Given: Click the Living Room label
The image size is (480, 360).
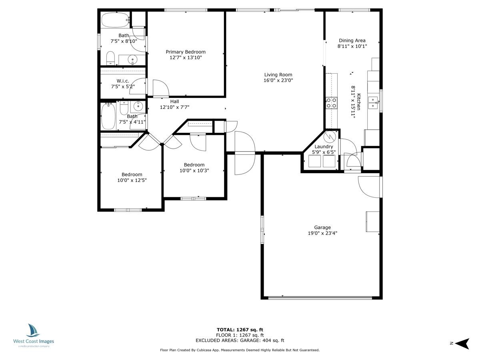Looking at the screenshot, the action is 278,75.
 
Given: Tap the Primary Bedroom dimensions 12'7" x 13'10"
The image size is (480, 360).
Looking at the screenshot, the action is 186,58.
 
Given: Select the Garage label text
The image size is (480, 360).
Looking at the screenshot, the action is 322,228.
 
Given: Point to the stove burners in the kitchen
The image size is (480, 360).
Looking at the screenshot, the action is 332,103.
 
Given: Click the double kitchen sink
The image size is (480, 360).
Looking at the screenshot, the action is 373,103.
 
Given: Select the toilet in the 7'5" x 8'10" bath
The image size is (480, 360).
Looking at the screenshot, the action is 110,58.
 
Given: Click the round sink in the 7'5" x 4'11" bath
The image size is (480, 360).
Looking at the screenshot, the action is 138,107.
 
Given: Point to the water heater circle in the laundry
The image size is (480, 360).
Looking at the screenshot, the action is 330,137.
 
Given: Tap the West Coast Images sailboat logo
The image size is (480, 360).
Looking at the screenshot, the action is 33,330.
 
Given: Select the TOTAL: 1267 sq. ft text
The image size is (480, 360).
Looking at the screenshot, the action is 240,330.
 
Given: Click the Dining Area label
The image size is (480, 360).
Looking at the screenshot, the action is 352,40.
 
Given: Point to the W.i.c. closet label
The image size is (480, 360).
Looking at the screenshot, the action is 123,81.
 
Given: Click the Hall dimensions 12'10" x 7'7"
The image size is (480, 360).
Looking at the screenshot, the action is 174,107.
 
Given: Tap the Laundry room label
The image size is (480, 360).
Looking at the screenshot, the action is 324,147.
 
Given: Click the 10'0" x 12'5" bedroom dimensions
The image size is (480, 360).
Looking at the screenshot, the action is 132,180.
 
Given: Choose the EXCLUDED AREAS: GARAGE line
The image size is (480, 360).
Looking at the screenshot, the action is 240,340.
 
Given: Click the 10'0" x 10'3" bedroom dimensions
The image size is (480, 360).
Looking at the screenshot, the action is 194,170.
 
